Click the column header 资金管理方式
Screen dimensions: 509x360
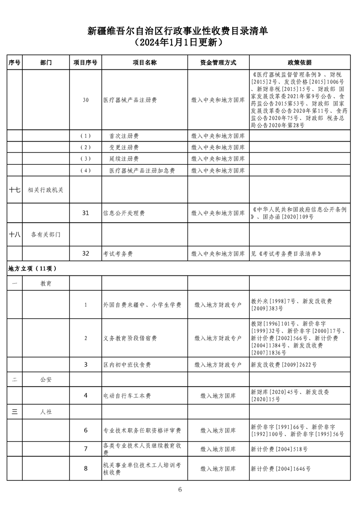[x=218, y=63]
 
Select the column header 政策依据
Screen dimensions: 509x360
[x=300, y=63]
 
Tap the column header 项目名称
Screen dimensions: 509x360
[x=144, y=63]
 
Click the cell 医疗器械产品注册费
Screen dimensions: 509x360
[x=130, y=100]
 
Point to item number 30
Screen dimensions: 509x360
[x=85, y=100]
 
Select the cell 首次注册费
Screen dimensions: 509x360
[x=124, y=136]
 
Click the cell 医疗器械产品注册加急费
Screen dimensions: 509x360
[x=142, y=171]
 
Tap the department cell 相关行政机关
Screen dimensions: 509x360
[x=45, y=190]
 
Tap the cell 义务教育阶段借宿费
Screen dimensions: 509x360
[x=130, y=338]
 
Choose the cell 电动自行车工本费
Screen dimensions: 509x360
[x=127, y=396]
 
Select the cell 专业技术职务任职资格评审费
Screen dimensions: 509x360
[x=142, y=430]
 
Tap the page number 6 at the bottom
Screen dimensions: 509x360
[x=180, y=489]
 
